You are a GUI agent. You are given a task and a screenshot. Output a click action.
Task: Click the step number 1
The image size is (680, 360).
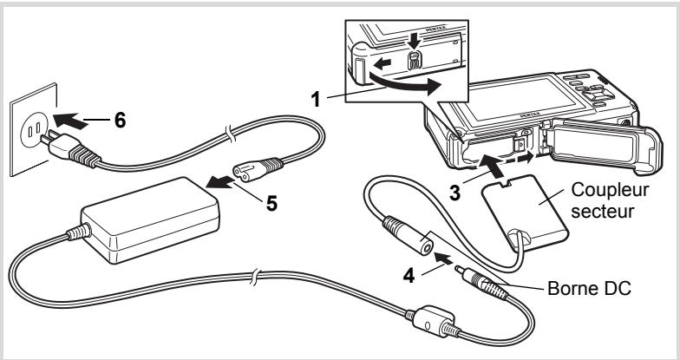(x=316, y=99)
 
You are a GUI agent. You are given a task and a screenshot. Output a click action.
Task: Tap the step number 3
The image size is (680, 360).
(x=454, y=193)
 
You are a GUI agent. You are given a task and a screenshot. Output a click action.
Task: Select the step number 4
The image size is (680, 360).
(x=409, y=276)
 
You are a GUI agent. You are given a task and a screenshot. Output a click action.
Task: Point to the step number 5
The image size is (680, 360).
(x=271, y=203)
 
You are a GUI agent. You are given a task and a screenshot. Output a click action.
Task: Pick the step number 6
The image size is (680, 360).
(x=120, y=120)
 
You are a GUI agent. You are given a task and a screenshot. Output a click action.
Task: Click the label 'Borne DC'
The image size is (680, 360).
(x=589, y=288)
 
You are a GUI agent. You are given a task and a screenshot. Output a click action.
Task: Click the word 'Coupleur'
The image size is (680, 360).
(x=610, y=190)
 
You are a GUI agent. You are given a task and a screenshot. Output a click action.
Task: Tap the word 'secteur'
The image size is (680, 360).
(x=602, y=212)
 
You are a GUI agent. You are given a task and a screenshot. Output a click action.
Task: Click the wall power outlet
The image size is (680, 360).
(x=34, y=129)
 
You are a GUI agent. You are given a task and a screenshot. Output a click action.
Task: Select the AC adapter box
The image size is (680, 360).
(x=150, y=220)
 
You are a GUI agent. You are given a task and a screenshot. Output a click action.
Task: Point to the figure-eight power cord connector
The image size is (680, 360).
(x=258, y=168)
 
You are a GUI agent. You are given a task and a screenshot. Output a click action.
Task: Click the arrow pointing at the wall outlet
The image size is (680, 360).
(x=71, y=121)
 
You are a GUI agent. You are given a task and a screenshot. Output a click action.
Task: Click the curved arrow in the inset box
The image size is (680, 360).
(x=404, y=85)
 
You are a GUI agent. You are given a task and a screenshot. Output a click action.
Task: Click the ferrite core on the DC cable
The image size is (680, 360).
(x=432, y=323)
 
